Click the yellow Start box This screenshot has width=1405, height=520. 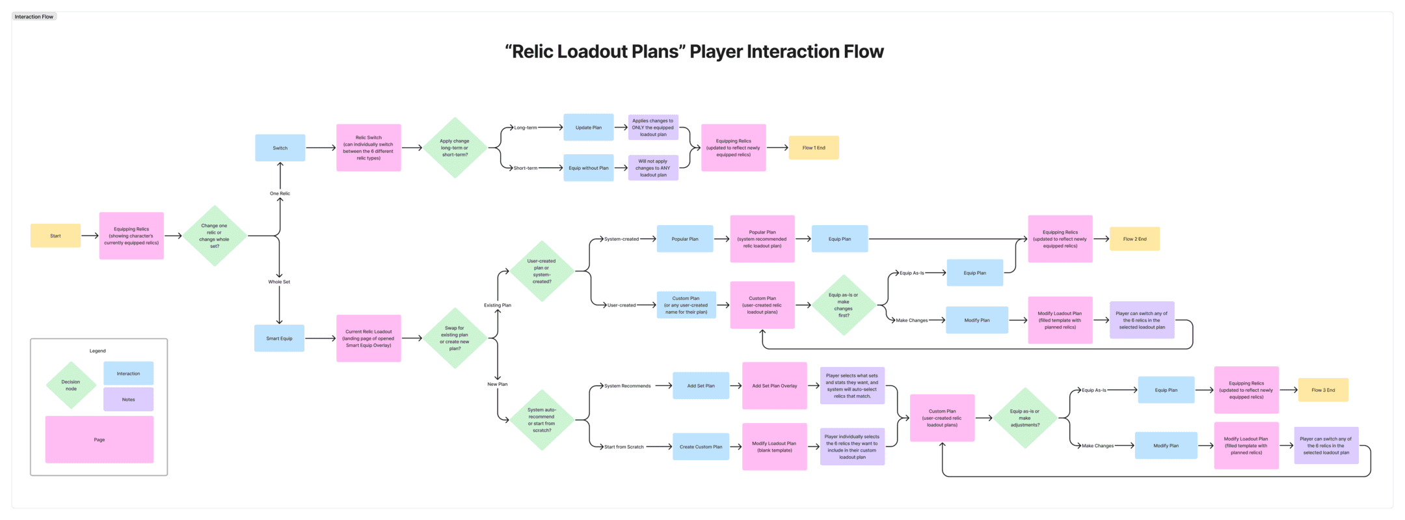point(55,236)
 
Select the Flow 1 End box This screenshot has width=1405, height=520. point(813,148)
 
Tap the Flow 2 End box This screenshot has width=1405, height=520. point(1134,239)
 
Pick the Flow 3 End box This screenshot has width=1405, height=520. point(1323,390)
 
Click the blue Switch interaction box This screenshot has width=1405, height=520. point(280,148)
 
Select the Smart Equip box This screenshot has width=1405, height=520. point(279,338)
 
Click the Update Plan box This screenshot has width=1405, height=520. point(588,128)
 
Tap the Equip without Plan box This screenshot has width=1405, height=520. point(588,168)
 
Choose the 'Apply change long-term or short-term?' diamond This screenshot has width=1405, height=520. point(455,148)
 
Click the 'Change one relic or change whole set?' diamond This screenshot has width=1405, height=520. point(214,236)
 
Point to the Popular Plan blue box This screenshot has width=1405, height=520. point(684,239)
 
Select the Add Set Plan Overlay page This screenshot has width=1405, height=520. point(774,386)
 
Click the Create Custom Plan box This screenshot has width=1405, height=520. point(701,446)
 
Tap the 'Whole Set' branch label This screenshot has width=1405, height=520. point(279,282)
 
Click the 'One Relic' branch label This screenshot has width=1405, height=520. point(280,193)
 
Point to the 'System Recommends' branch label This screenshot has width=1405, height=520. point(627,386)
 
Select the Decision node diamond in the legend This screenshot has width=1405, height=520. point(71,385)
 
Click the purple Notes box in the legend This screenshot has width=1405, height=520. point(128,400)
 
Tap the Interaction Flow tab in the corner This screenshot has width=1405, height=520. point(34,16)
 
